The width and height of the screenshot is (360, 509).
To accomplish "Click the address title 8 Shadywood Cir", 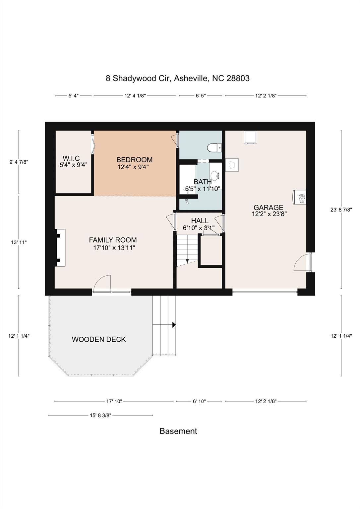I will tap(178, 79).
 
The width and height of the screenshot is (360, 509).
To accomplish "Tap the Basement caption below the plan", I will tap(178, 431).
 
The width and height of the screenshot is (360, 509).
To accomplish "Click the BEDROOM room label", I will tap(134, 160).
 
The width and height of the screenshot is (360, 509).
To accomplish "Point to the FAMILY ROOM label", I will tap(113, 240).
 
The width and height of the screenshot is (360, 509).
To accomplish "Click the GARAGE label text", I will tap(268, 208).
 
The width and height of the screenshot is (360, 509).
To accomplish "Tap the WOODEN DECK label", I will tap(99, 339).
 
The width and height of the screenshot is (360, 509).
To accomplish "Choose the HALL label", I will tap(200, 221).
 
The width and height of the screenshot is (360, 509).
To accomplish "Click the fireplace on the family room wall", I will tap(60, 248).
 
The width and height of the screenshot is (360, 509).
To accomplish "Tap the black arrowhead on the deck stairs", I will tap(174, 325).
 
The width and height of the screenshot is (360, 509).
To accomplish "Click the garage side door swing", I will tap(302, 262).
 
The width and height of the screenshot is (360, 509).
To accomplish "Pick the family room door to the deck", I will tap(102, 284).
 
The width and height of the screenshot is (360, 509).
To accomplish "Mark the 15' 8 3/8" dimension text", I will tap(100, 415).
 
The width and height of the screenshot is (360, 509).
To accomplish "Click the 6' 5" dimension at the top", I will tap(201, 96).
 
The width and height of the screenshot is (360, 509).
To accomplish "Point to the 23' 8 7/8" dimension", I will tap(341, 209).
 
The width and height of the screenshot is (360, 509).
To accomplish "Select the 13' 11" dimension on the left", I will tap(19, 242).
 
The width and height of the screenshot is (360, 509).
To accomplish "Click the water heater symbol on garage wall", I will tap(300, 198).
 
